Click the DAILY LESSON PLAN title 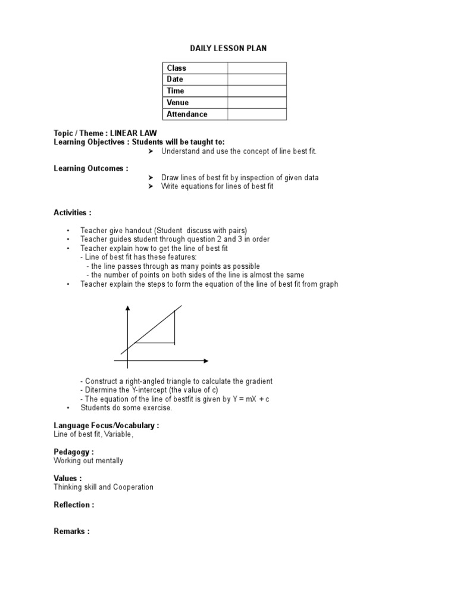point(228,48)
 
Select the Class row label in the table point(176,68)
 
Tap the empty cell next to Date point(256,80)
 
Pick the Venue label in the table point(177,103)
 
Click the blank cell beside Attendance point(256,114)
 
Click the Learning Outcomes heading point(90,168)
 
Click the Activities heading point(73,212)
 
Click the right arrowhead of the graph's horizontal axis point(205,360)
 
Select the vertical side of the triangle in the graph point(174,327)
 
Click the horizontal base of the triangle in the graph point(155,343)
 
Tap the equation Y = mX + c point(251,399)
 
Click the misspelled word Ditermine point(102,390)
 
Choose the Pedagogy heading point(74,452)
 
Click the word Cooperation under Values point(133,487)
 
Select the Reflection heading point(74,505)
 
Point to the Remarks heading point(71,531)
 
